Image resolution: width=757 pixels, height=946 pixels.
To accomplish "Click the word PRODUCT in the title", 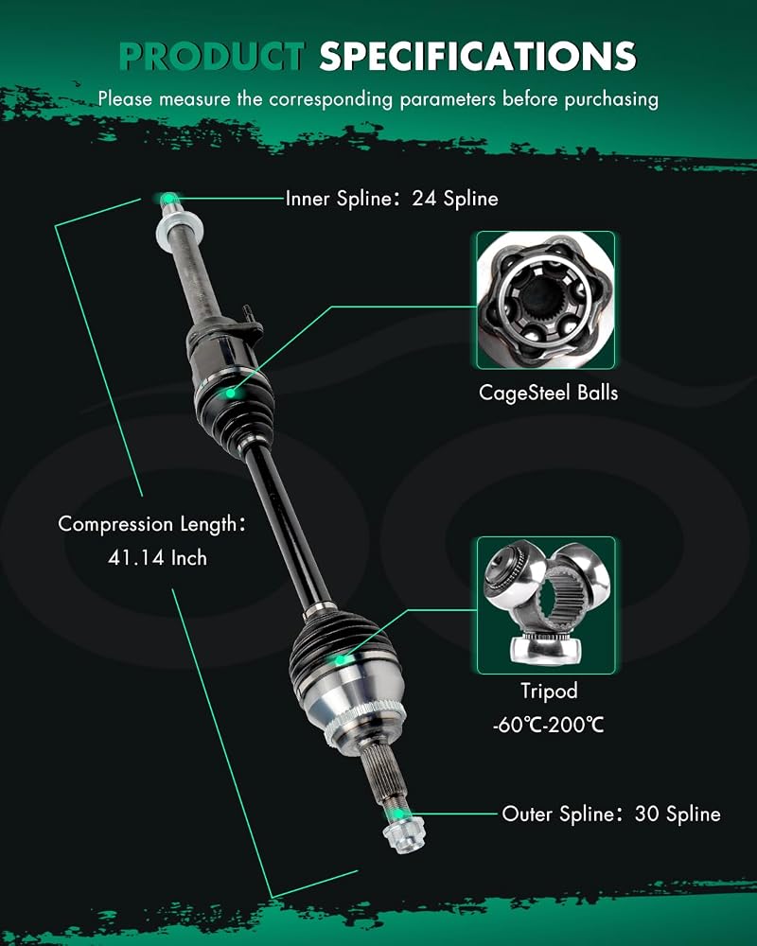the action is [211, 57].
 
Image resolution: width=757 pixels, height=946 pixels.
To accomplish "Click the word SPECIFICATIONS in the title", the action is [478, 57].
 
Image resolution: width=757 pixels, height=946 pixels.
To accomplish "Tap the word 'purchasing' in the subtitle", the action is [611, 99].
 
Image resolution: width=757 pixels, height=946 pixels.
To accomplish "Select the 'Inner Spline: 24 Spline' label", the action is [392, 199].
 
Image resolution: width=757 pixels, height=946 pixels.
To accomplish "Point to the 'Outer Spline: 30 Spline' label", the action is [611, 814].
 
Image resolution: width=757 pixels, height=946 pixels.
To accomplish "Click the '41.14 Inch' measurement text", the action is [158, 557].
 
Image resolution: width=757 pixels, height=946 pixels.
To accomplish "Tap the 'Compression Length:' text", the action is [152, 524].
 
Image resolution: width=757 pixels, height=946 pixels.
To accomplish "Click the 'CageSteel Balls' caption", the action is [548, 393].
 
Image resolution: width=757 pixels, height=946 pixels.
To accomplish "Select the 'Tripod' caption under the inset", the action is [549, 691].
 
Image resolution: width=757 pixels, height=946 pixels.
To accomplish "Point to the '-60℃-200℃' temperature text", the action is [548, 724].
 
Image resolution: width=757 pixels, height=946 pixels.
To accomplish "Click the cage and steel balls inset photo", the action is [546, 300].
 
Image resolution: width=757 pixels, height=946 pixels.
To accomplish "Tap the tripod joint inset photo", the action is [546, 605].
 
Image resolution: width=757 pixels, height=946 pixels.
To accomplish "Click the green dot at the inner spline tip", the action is [169, 198].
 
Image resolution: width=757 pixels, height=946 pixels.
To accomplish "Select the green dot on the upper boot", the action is [230, 394].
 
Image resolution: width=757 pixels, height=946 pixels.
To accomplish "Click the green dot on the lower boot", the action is [341, 660].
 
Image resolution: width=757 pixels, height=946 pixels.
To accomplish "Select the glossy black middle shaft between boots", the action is [289, 525].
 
